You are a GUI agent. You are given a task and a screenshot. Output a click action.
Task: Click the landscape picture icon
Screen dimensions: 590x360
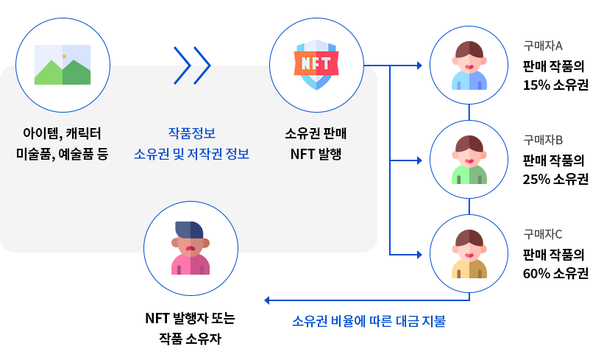pos(63,65)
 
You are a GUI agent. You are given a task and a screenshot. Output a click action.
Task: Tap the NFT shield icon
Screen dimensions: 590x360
pos(316,65)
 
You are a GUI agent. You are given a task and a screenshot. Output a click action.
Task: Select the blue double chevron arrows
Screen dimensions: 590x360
pos(192,66)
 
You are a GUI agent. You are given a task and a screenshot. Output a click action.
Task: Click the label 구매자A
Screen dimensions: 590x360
pos(543,46)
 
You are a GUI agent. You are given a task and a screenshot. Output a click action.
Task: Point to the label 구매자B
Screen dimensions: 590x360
pos(543,140)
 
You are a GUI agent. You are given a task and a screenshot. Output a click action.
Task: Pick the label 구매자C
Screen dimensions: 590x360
pos(543,234)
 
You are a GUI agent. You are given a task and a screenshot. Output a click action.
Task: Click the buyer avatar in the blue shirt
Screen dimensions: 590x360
pos(469,65)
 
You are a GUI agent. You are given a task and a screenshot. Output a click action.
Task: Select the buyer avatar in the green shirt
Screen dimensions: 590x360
pos(469,159)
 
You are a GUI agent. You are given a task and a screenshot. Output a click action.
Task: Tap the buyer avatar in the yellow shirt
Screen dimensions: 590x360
pos(469,253)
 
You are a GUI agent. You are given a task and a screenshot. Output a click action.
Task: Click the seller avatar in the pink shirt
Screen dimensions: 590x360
pos(191,248)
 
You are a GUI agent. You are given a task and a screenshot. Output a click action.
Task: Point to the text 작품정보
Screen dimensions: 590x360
pos(191,133)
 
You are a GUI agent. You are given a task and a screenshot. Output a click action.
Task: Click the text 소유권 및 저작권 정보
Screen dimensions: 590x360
pos(191,155)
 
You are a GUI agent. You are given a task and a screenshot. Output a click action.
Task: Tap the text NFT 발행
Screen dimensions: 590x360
pos(316,155)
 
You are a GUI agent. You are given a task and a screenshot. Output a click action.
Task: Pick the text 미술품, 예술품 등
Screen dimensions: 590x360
pos(62,155)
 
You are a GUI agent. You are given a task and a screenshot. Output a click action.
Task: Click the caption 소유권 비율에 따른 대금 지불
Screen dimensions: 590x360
pos(369,322)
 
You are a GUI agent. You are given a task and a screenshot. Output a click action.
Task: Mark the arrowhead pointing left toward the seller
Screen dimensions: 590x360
pos(268,300)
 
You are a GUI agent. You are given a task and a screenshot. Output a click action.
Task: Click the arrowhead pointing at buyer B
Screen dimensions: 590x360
pos(419,160)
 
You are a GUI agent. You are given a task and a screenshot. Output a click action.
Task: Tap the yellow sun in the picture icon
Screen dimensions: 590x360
pos(64,56)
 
